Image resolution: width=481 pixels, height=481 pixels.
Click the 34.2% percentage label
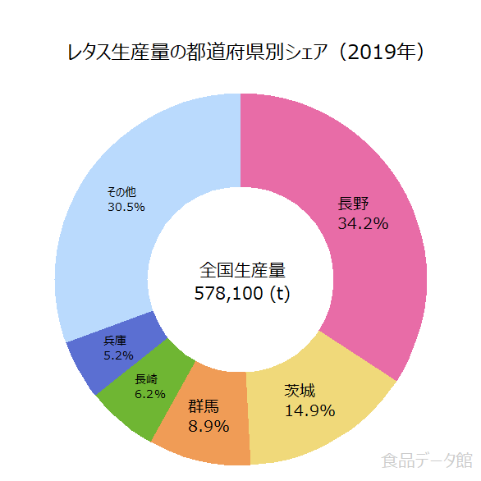363,222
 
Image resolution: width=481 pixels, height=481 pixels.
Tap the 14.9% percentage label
309,410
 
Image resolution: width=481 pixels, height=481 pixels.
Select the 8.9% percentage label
208,426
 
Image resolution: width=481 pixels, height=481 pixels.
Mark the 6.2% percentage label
150,393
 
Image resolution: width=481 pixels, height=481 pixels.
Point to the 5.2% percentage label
118,355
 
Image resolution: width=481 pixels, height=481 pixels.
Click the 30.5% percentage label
126,207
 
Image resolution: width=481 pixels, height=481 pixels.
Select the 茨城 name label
300,391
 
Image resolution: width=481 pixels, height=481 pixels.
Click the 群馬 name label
204,405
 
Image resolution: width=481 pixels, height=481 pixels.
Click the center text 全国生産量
242,269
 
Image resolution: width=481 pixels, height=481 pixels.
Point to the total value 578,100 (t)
242,292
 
